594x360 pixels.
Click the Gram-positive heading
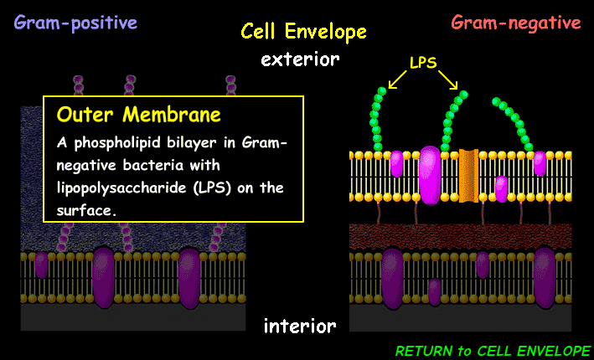[x=75, y=23]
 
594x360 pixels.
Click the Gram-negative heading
[x=516, y=23]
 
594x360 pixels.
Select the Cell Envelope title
[x=303, y=32]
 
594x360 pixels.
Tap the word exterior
[x=300, y=59]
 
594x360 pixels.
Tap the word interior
[x=300, y=325]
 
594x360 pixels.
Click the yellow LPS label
[x=422, y=63]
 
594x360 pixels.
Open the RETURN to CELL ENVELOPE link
[x=493, y=349]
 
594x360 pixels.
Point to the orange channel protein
[x=468, y=175]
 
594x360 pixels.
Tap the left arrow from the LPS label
[x=398, y=77]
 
